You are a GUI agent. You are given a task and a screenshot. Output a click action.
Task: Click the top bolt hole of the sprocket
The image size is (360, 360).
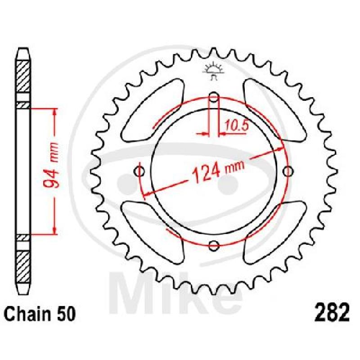click(213, 97)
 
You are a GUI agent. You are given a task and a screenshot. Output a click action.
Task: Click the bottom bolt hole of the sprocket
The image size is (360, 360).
click(213, 245)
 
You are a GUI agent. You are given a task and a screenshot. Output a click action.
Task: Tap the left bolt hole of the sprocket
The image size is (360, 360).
click(139, 171)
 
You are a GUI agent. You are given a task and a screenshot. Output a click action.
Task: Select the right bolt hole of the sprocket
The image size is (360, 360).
click(288, 171)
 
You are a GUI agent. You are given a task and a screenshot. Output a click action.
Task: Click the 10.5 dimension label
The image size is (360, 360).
click(237, 126)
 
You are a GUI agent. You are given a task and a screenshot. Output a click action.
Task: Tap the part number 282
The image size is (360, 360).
click(332, 312)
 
